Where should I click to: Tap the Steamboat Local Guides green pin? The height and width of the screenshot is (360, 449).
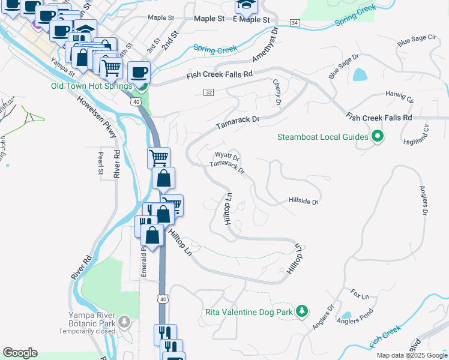378,137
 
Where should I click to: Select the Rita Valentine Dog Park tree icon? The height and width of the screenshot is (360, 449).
303,311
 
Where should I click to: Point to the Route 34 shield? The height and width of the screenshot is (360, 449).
294,22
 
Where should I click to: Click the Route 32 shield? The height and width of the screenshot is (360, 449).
208,92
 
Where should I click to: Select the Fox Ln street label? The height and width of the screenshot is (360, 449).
360,295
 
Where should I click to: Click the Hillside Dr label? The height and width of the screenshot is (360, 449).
303,201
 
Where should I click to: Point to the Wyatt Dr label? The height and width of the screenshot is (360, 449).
228,157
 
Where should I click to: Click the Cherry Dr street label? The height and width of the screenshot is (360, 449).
277,92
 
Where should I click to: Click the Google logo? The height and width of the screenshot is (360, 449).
20,353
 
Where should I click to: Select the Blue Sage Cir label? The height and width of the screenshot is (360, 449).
416,41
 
